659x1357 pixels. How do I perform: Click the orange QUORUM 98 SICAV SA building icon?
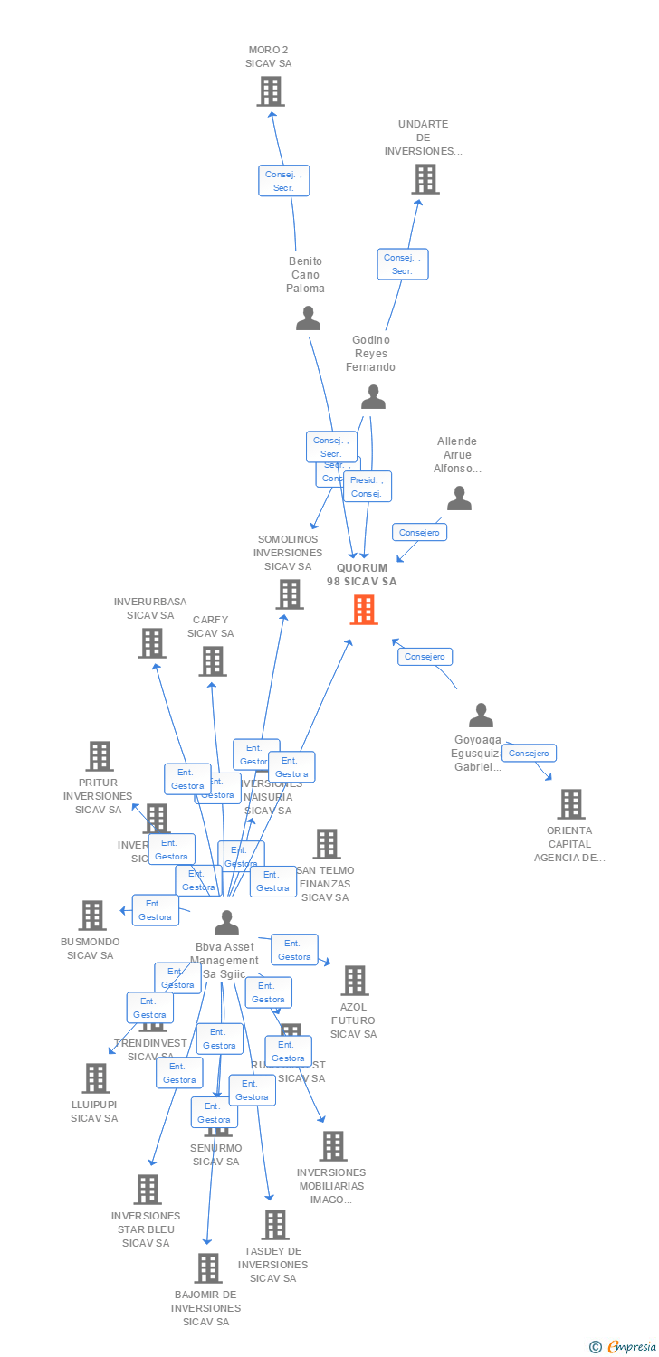[x=363, y=610]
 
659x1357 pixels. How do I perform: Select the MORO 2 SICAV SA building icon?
[x=270, y=91]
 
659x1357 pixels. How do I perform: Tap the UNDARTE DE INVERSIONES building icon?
[x=425, y=179]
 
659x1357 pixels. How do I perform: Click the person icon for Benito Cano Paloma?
[x=309, y=318]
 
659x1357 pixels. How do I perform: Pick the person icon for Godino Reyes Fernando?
[x=372, y=397]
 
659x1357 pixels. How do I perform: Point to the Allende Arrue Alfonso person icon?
[x=459, y=498]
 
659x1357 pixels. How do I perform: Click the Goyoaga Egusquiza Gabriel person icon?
[x=481, y=715]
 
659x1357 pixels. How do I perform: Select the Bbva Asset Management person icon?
[x=226, y=923]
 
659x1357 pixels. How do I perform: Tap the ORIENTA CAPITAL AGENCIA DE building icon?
[x=570, y=803]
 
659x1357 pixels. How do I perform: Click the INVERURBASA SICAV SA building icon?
[x=152, y=642]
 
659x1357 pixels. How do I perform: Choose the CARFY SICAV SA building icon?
[x=212, y=660]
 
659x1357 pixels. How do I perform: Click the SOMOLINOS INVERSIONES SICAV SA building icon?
[x=290, y=594]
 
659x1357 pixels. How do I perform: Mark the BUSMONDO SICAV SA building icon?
[x=92, y=915]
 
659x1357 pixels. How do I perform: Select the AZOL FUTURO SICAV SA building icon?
[x=354, y=980]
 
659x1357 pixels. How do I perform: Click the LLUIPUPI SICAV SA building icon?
[x=96, y=1077]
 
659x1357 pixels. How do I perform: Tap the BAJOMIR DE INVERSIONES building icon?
[x=208, y=1267]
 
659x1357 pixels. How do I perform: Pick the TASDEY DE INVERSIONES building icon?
[x=274, y=1224]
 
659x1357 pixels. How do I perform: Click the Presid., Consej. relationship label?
[x=367, y=487]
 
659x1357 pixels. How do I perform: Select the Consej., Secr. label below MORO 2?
[x=284, y=181]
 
